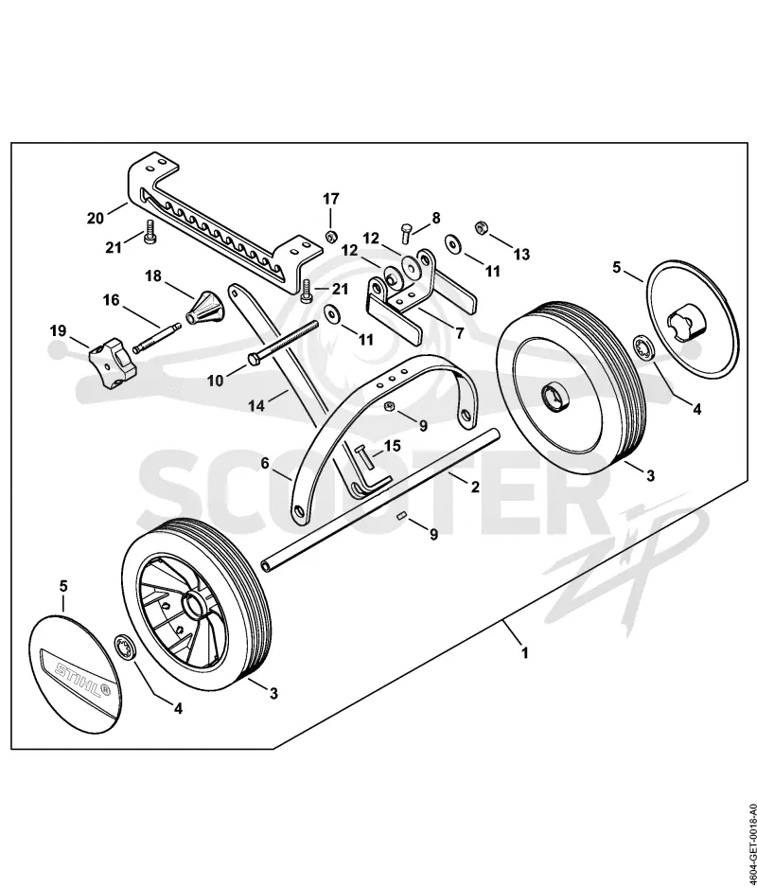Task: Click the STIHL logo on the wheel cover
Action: pos(77,676)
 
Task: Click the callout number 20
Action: pos(96,218)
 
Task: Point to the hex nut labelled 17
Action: pos(332,235)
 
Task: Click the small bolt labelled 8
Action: pos(406,233)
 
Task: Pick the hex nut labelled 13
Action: pos(482,226)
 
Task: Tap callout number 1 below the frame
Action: pos(525,652)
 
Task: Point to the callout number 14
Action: pos(256,406)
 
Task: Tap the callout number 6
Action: pos(265,463)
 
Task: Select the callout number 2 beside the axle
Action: pos(475,486)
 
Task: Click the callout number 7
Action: pos(459,333)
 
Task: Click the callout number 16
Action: pos(111,299)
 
